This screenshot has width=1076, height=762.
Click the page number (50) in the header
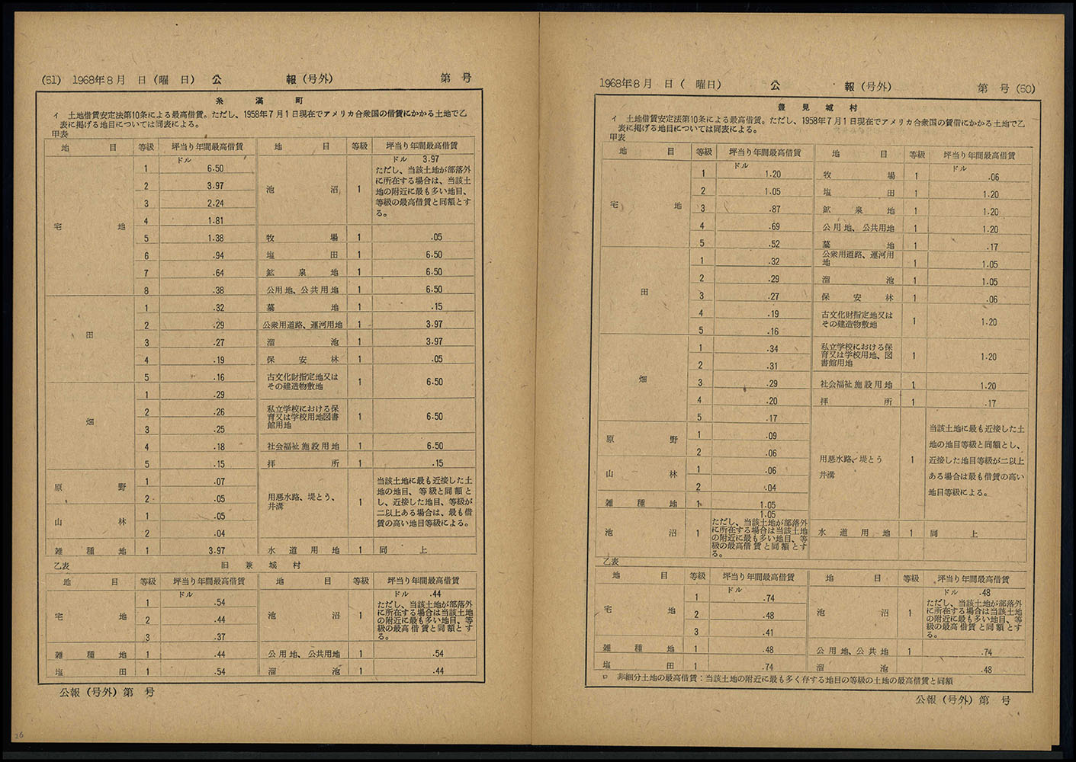click(x=1026, y=89)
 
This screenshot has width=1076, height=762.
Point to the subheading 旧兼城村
click(x=261, y=565)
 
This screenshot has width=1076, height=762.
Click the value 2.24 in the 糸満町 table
click(x=215, y=203)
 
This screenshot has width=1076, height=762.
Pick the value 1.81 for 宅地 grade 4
click(x=215, y=221)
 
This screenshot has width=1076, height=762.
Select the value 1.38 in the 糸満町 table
click(x=215, y=239)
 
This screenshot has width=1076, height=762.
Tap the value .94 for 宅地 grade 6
click(x=217, y=256)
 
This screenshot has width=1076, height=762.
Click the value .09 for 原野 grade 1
click(x=772, y=436)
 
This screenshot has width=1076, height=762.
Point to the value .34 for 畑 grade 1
click(x=772, y=349)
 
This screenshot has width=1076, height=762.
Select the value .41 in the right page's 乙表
click(x=768, y=632)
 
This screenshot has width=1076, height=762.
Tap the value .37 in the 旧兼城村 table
click(x=220, y=637)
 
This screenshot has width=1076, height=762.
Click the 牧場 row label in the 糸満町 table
click(x=302, y=237)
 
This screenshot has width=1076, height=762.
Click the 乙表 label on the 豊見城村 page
click(x=611, y=562)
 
